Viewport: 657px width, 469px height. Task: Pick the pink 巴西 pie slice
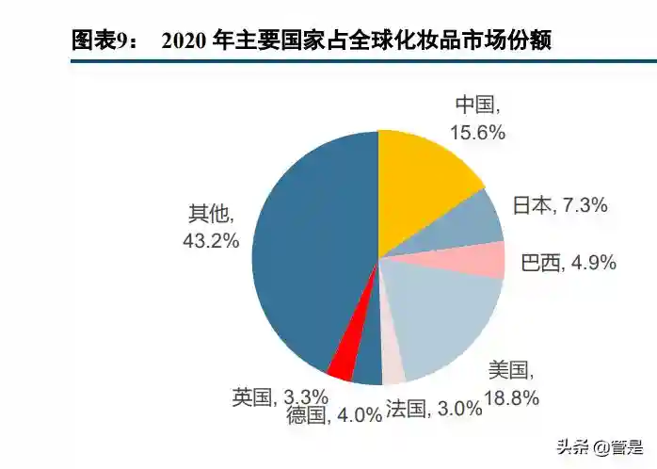[481, 260]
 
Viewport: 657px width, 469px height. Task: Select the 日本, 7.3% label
[560, 204]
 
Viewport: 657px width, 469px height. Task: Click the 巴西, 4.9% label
[568, 263]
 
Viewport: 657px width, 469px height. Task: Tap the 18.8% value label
[512, 398]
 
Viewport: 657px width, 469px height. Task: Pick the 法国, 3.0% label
[432, 410]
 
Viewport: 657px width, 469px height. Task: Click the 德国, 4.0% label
[334, 413]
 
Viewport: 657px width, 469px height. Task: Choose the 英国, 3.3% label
[280, 396]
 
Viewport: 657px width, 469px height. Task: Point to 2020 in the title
[184, 40]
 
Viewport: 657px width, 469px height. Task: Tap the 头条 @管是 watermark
[599, 446]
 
